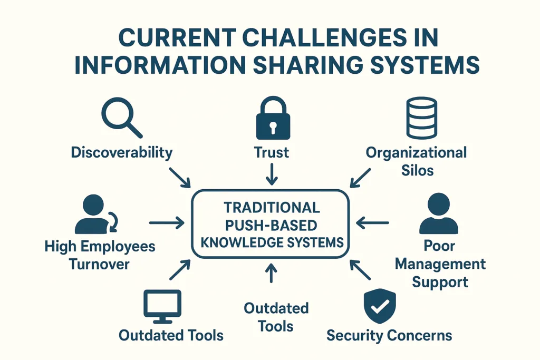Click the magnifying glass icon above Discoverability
121,119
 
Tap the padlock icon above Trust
272,119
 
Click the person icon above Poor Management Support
439,213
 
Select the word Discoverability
122,153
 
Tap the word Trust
272,153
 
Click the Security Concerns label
389,335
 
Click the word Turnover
100,264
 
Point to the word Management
440,264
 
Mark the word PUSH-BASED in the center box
271,225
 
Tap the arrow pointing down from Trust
272,173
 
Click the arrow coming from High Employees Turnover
166,223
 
